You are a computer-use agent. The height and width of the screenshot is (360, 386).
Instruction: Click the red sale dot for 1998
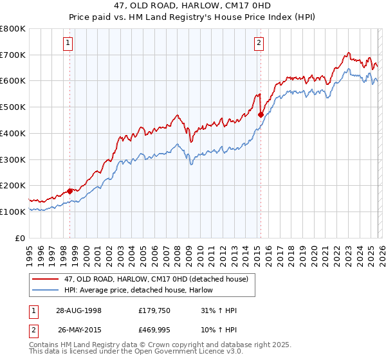click(x=70, y=191)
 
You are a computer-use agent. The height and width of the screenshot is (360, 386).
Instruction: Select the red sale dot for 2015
click(x=261, y=115)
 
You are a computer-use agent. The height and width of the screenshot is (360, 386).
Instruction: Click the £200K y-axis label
click(x=13, y=185)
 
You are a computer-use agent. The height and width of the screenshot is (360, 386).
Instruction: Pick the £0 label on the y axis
click(x=19, y=238)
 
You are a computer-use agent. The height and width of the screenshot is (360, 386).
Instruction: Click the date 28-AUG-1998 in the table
click(x=78, y=310)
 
